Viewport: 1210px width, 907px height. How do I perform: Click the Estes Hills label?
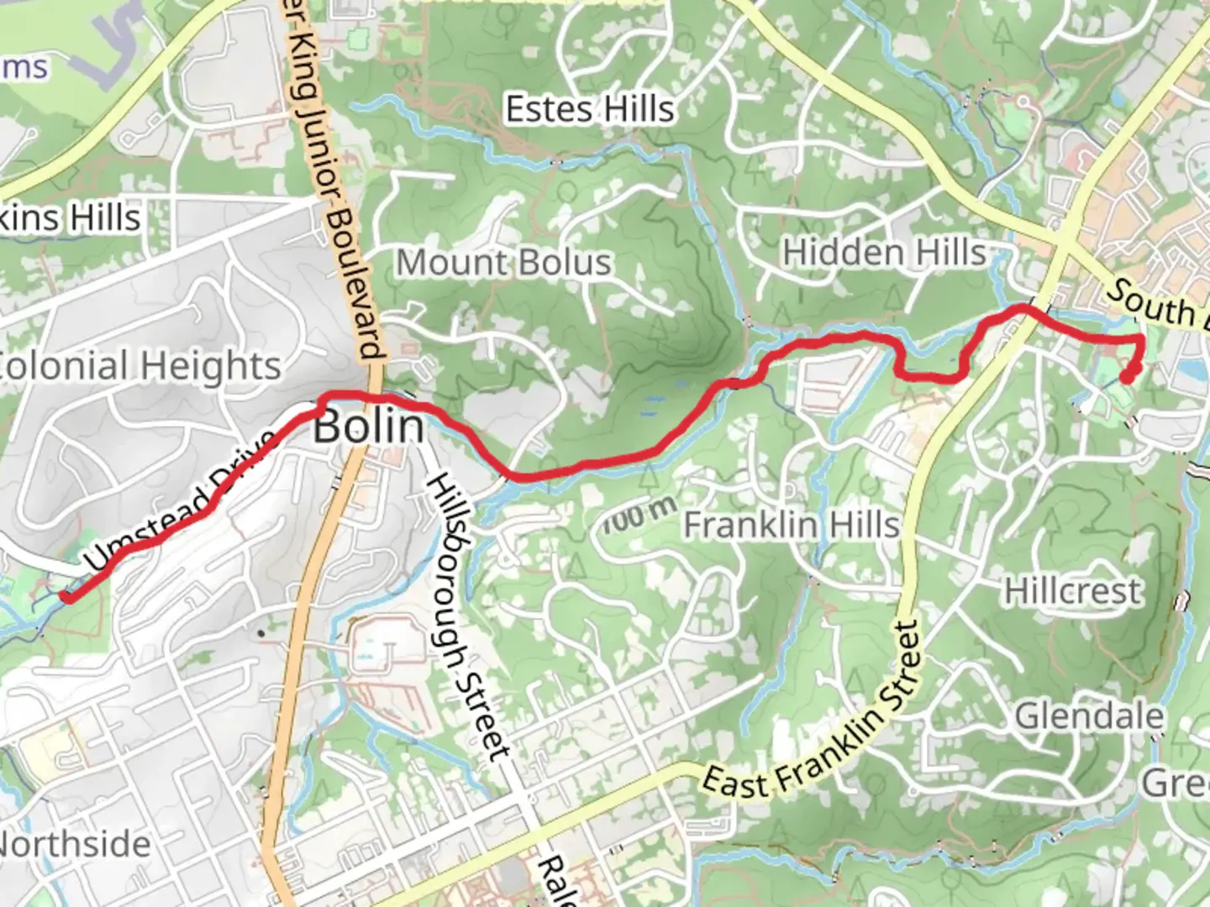pos(589,109)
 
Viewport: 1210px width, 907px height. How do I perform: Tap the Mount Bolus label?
pos(503,262)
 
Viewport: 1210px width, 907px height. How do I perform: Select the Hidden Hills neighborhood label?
pos(884,252)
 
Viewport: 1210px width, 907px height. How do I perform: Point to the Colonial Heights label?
pos(139,365)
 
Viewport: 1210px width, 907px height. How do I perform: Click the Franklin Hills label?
pos(791,526)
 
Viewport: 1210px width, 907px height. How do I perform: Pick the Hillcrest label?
pos(1073,591)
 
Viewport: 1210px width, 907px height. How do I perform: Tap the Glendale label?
pos(1090,716)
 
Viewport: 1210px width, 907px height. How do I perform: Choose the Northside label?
pos(76,844)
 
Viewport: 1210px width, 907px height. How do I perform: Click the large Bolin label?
pos(369,427)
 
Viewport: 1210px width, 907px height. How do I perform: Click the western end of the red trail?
pos(66,596)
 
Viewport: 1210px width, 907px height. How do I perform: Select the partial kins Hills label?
pos(71,218)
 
